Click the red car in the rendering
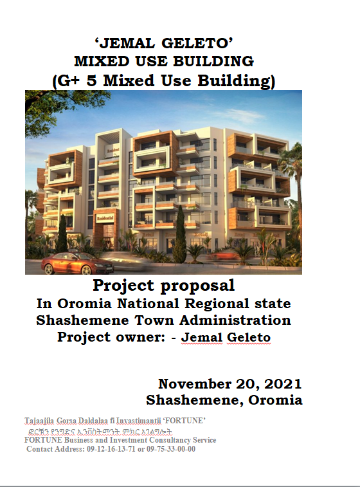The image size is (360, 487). [x=77, y=263]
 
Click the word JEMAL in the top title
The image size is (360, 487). [x=127, y=43]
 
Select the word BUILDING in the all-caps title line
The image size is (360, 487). [x=213, y=61]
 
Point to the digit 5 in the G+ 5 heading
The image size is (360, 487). [x=91, y=81]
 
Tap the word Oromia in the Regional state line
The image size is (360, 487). [x=84, y=304]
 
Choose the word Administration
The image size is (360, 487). [x=235, y=320]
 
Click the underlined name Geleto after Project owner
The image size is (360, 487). [x=249, y=337]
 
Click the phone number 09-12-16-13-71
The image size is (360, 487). [x=111, y=449]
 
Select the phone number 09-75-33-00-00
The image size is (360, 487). [x=171, y=449]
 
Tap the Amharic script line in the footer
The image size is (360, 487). [x=100, y=432]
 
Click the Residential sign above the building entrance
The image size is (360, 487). [x=105, y=218]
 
